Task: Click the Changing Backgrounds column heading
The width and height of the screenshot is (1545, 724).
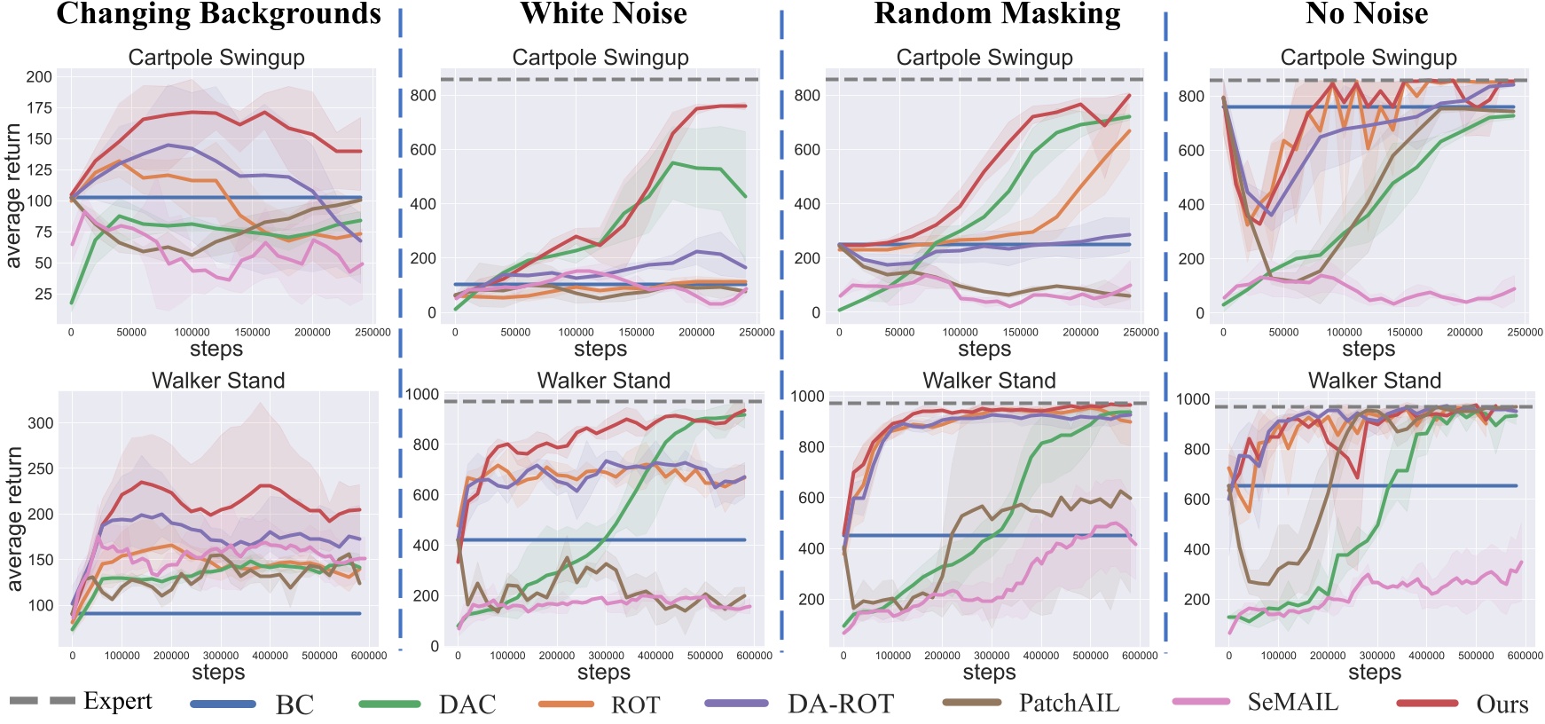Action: tap(218, 14)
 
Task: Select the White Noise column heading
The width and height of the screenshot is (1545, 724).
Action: tap(603, 14)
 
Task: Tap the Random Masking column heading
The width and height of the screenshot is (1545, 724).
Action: tap(997, 14)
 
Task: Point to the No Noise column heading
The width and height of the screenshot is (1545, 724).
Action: tap(1367, 14)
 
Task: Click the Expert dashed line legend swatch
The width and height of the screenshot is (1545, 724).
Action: tap(42, 701)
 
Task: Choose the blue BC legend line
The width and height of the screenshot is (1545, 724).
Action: tap(223, 704)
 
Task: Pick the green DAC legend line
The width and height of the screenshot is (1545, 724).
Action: tap(389, 704)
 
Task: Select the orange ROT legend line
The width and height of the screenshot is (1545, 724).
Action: tap(566, 704)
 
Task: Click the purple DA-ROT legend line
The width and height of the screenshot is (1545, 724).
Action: tap(736, 703)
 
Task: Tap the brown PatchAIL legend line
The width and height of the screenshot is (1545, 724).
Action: tap(972, 702)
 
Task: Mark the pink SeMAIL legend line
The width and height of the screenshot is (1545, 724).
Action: tap(1202, 701)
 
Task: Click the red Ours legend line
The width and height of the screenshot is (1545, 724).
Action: tap(1427, 703)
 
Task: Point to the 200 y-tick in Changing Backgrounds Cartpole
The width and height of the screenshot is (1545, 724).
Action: tap(39, 76)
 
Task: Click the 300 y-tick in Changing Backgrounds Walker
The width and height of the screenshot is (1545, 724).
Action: tap(41, 423)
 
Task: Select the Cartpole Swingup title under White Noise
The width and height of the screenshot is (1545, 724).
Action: tap(600, 58)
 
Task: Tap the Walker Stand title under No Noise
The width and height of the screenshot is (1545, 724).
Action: tap(1374, 381)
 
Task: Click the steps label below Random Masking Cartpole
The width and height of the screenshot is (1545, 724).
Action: tap(984, 349)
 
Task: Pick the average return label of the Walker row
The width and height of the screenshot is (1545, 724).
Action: tap(14, 519)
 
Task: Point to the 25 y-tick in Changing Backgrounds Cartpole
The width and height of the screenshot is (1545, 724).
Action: tap(43, 294)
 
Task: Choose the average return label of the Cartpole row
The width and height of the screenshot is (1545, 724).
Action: tap(14, 195)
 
